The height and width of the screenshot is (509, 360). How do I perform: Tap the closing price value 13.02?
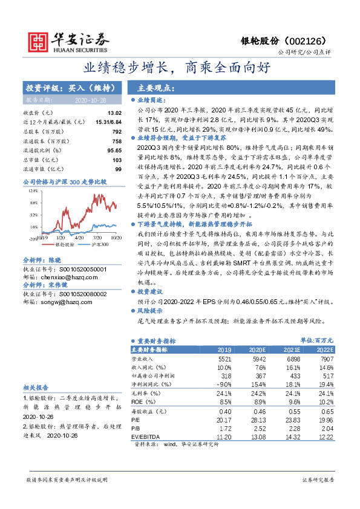[114, 113]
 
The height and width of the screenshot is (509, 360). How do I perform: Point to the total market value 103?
[117, 158]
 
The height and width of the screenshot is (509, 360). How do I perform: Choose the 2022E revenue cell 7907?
[322, 359]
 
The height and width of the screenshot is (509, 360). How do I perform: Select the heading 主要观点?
[154, 87]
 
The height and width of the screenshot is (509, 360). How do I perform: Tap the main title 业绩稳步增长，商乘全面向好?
[180, 68]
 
